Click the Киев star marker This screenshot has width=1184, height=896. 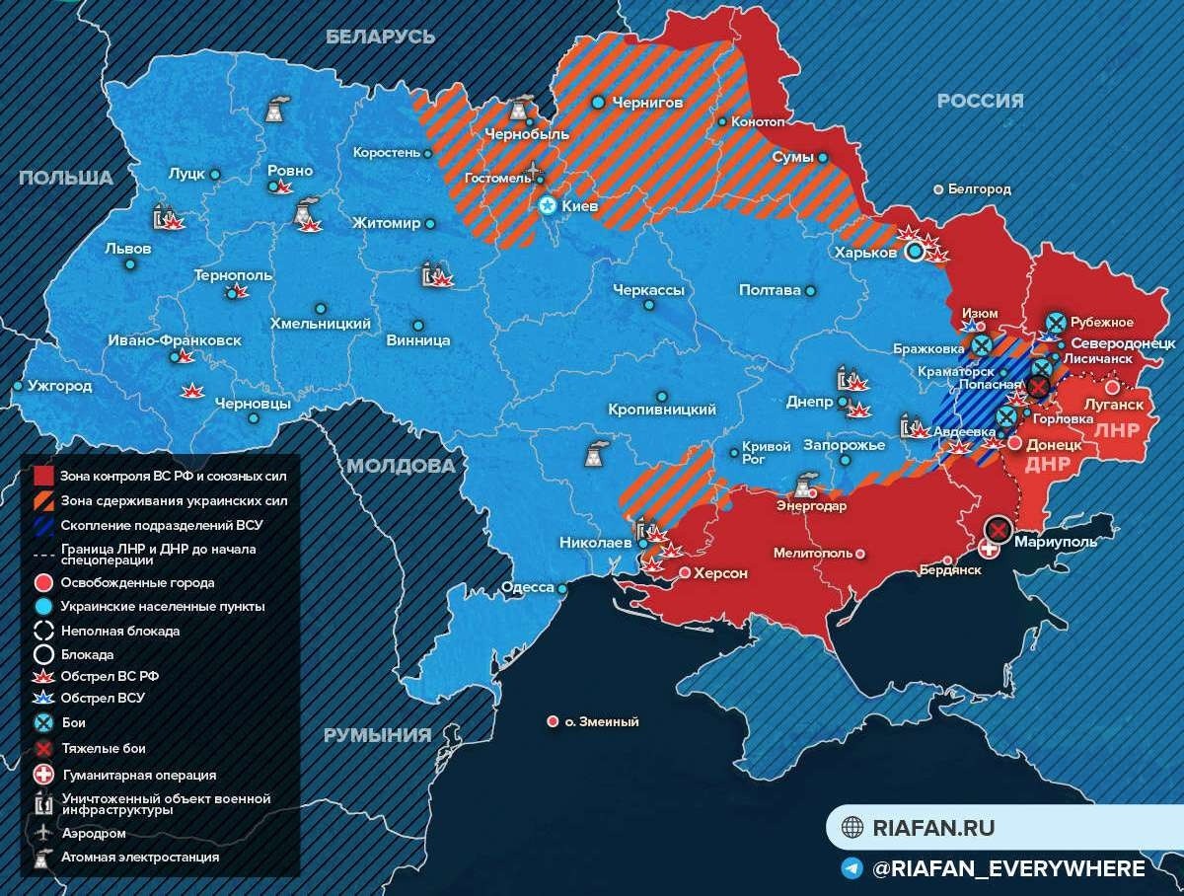[x=548, y=206]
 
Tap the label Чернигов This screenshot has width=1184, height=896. [x=647, y=102]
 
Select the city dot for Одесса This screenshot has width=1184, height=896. [x=562, y=588]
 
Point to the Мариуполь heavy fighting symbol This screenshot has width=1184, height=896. [x=998, y=530]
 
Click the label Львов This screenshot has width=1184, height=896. [x=128, y=249]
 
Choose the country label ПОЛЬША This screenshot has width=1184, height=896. [x=66, y=178]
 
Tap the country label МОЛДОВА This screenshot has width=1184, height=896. [x=400, y=465]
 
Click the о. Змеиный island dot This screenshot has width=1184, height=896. [x=553, y=721]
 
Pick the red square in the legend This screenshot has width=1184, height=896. [x=43, y=476]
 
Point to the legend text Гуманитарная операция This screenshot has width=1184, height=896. [x=139, y=776]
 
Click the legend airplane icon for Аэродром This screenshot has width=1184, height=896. [x=43, y=832]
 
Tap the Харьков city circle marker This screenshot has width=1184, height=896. [x=915, y=252]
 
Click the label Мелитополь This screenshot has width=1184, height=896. [x=813, y=554]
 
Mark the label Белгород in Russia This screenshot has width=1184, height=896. [x=979, y=188]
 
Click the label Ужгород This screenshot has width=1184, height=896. [x=60, y=386]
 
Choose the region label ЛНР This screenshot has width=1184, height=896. [x=1117, y=430]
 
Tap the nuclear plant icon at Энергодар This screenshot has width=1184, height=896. [x=805, y=485]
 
